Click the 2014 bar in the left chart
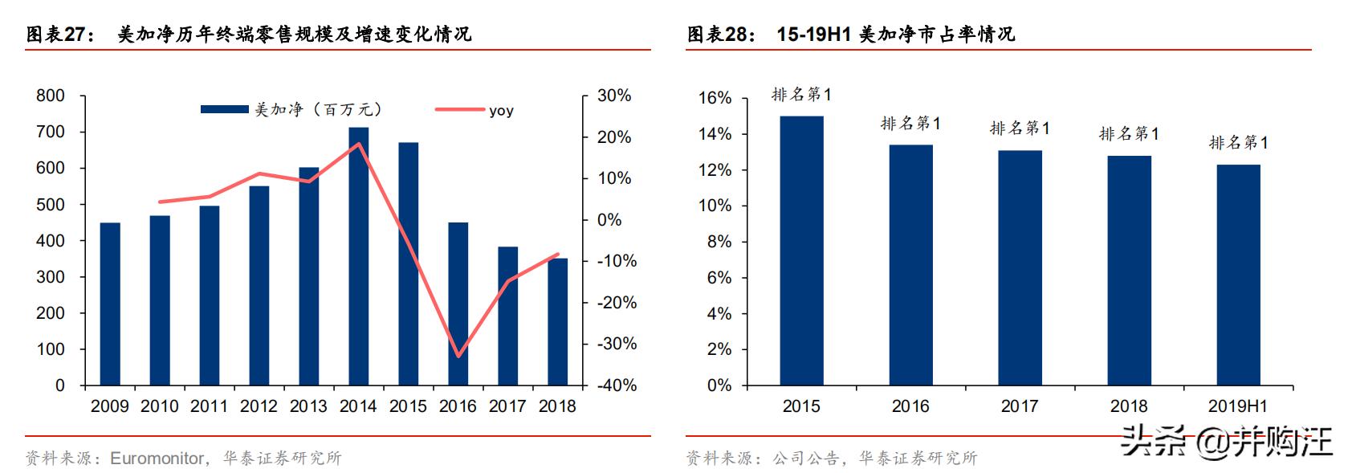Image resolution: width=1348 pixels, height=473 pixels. click(358, 257)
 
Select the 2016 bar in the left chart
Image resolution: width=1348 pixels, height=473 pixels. click(458, 304)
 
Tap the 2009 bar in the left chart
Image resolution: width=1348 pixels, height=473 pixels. click(110, 304)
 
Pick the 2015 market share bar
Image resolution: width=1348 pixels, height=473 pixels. click(800, 251)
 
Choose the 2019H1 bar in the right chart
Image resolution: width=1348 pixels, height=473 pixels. click(1238, 275)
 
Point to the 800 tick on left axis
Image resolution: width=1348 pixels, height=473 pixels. click(51, 96)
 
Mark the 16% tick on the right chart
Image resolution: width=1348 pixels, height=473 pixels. click(715, 98)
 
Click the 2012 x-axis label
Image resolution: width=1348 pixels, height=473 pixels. click(259, 406)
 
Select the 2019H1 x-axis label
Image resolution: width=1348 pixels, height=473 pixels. click(1237, 406)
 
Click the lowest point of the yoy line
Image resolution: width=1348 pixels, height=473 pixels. click(458, 356)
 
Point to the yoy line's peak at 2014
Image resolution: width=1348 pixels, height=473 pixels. click(359, 145)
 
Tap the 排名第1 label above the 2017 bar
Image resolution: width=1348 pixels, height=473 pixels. click(1019, 128)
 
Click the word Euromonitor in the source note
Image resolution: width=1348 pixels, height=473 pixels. click(157, 459)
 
